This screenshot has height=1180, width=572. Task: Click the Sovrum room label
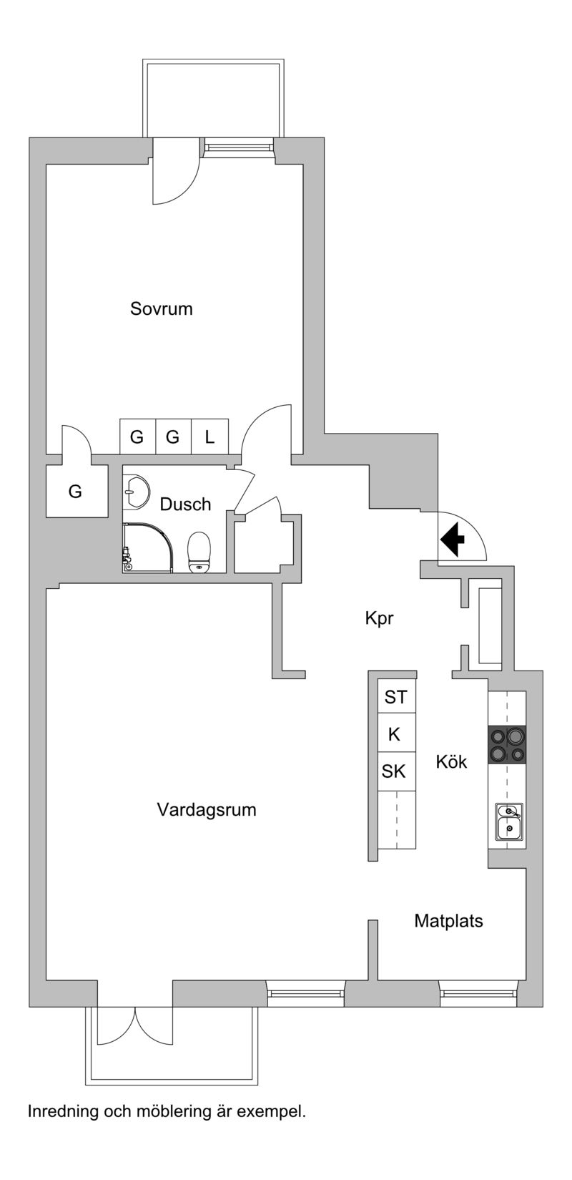coord(162,309)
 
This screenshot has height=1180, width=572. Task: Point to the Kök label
coord(451,762)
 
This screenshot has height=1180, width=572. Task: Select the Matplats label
coord(448,921)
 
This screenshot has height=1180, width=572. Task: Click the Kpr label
coord(379,619)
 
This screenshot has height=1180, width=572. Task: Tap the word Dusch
coord(185,504)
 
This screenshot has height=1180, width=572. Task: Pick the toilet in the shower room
coord(199,552)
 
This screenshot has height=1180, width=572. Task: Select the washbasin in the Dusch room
coord(135,490)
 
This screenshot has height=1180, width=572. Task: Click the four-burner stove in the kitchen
coord(507,744)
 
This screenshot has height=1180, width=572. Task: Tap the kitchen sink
coord(509,821)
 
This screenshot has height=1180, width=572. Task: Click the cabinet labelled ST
coord(395,696)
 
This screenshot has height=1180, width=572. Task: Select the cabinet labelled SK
coord(394,771)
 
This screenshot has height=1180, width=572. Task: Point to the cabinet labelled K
coord(394,734)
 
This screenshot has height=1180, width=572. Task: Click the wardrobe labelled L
coord(209,437)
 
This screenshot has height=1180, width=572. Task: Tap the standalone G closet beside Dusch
coord(75,492)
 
